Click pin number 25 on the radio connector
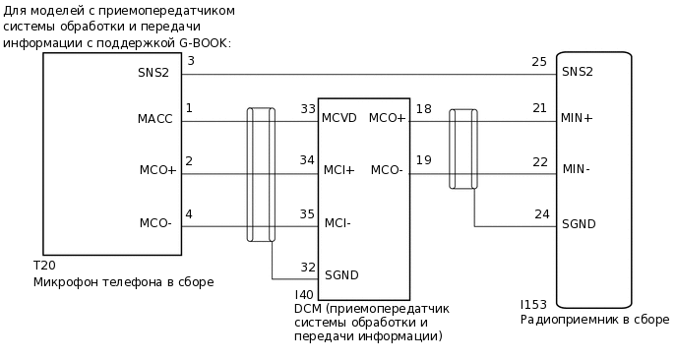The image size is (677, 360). click(538, 62)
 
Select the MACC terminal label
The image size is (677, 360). click(155, 119)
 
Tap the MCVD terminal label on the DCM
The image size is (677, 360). click(338, 118)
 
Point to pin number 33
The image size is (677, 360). click(308, 108)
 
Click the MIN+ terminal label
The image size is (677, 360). click(577, 118)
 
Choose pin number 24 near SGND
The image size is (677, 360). click(541, 213)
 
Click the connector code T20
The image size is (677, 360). click(44, 267)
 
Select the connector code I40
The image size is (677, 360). click(304, 294)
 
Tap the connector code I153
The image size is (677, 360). click(534, 306)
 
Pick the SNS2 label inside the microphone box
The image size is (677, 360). click(154, 72)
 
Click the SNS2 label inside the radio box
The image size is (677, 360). click(578, 72)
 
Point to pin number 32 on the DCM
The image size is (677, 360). click(308, 267)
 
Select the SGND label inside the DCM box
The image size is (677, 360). click(341, 275)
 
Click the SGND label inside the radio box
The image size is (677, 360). click(579, 224)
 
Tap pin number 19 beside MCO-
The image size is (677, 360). click(423, 159)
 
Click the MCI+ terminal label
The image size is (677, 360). click(338, 171)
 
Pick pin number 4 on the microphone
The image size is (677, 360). click(189, 213)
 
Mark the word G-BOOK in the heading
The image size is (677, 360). click(204, 43)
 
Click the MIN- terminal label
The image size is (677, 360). click(576, 170)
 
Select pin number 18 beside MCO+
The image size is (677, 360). click(423, 108)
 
